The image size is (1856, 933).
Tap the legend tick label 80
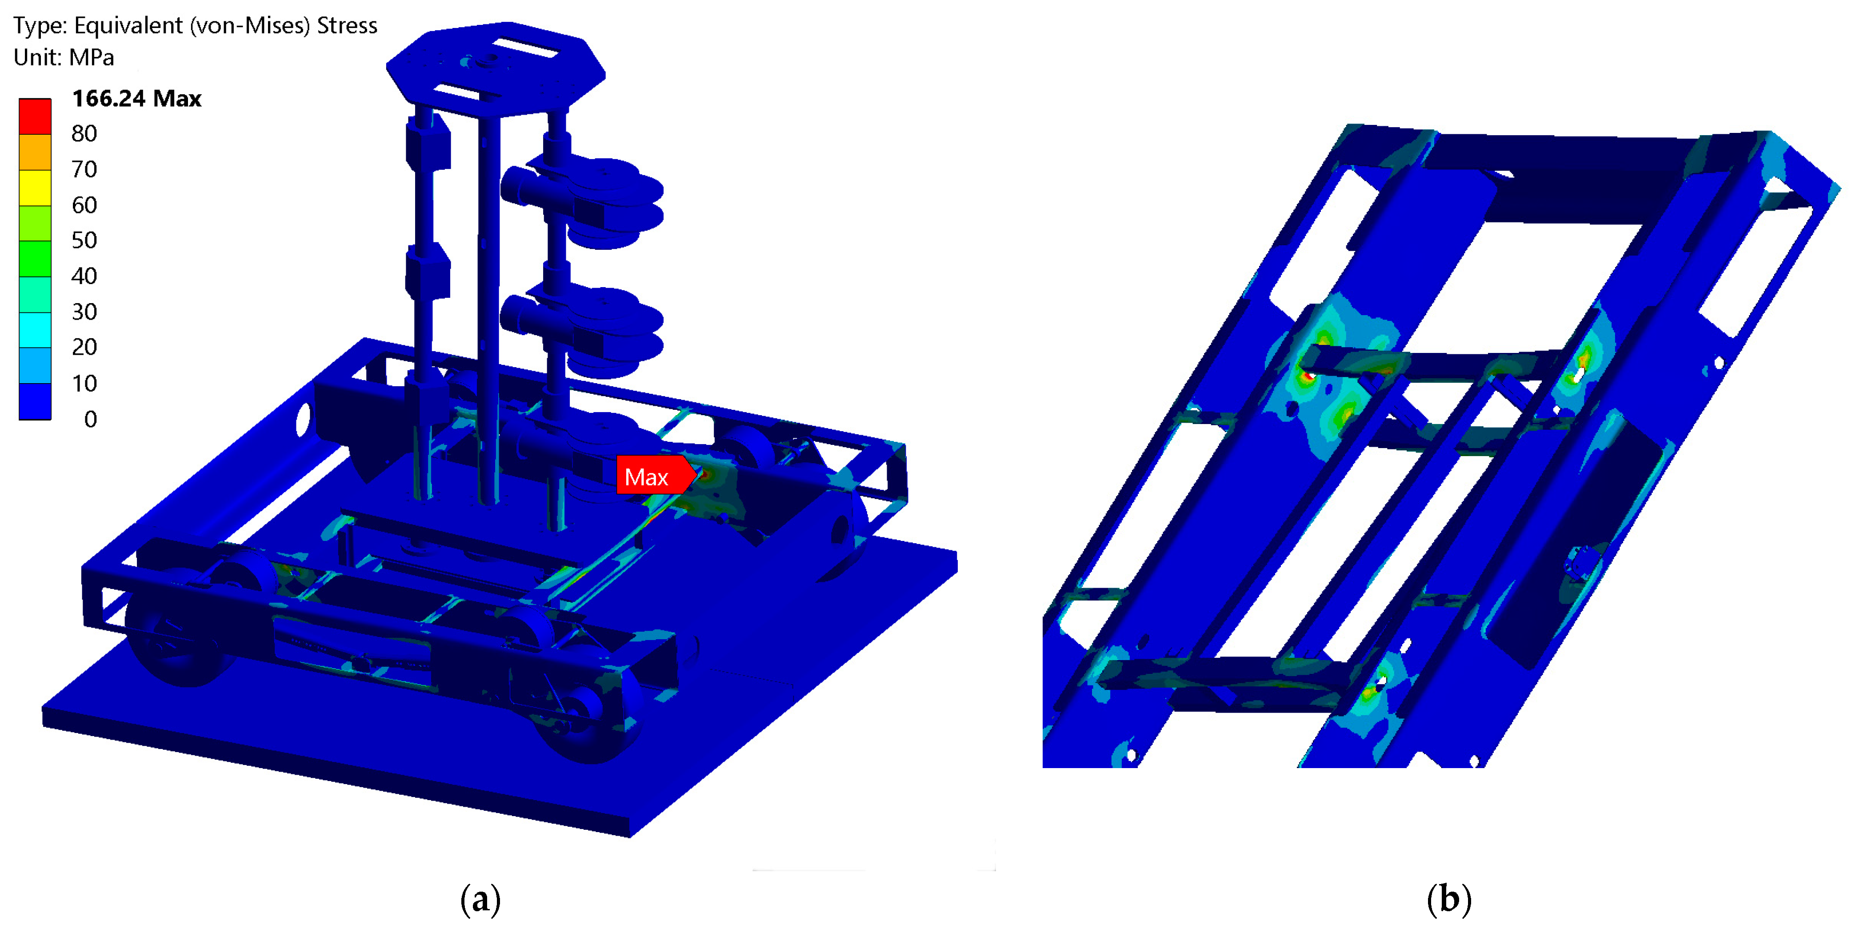tap(84, 133)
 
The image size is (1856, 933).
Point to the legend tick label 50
tap(84, 240)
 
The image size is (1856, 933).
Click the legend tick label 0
tap(91, 419)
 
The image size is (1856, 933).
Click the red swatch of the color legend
tap(35, 116)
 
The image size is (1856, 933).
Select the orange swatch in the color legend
tap(35, 152)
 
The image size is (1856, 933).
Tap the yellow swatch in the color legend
tap(35, 187)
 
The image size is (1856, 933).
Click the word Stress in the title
tap(347, 25)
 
